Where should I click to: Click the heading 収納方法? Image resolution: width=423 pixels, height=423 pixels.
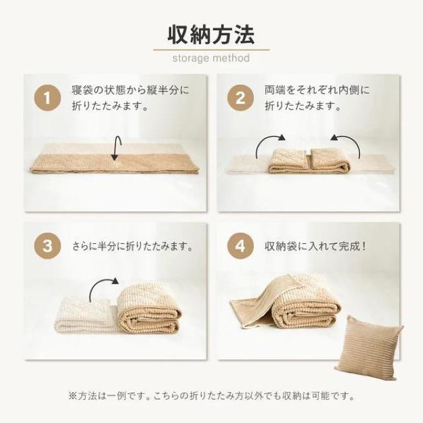pos(211,33)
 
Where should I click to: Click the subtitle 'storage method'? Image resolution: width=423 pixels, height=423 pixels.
pos(211,58)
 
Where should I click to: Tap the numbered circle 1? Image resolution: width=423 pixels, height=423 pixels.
pos(47,100)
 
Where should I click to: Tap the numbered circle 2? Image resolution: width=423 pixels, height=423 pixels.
pos(240,100)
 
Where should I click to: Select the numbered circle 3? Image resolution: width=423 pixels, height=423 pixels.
pos(47,248)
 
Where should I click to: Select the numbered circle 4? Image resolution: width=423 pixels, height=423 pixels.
pos(240,248)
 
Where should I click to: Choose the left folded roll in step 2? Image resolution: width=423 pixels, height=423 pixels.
pos(288,161)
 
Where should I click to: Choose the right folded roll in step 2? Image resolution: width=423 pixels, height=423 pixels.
pos(330,161)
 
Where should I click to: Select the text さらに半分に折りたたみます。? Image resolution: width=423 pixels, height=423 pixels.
pos(133,248)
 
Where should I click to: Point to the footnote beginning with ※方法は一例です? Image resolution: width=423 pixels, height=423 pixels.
pos(211,397)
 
